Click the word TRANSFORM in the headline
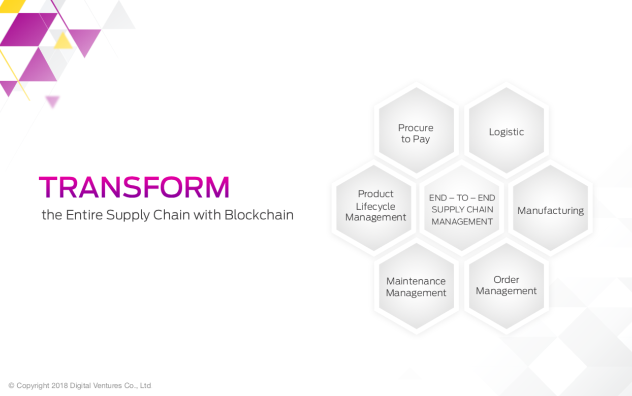[x=134, y=187]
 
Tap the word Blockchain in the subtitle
[x=259, y=215]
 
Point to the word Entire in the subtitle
[x=84, y=215]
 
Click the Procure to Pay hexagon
[x=417, y=130]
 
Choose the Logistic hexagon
[x=507, y=130]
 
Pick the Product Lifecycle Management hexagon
[x=374, y=208]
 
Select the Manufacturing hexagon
[x=551, y=208]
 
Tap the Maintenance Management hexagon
[x=417, y=286]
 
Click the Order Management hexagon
[x=507, y=286]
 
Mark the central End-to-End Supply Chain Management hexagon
[x=462, y=208]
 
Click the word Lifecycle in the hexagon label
[x=375, y=207]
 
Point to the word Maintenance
[x=416, y=281]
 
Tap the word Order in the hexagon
[x=506, y=280]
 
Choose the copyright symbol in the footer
[x=11, y=385]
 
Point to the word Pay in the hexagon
[x=422, y=140]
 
